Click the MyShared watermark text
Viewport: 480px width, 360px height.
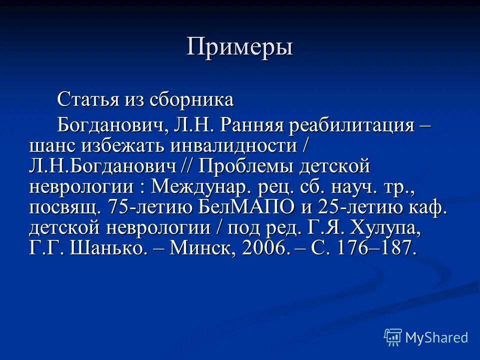(x=436, y=337)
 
